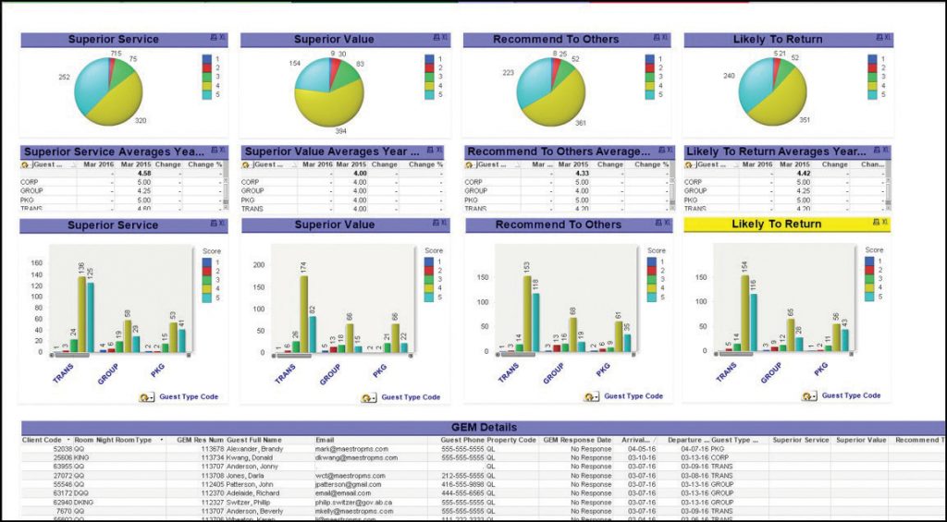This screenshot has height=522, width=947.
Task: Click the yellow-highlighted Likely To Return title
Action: point(776,225)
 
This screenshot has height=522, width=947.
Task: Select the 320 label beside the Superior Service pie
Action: point(141,120)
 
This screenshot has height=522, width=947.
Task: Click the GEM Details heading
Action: point(484,428)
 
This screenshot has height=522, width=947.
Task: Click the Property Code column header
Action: point(511,440)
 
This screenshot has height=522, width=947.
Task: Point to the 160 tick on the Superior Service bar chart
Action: point(38,262)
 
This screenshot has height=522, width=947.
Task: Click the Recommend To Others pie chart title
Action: point(555,40)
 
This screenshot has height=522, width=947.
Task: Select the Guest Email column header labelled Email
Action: point(325,440)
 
